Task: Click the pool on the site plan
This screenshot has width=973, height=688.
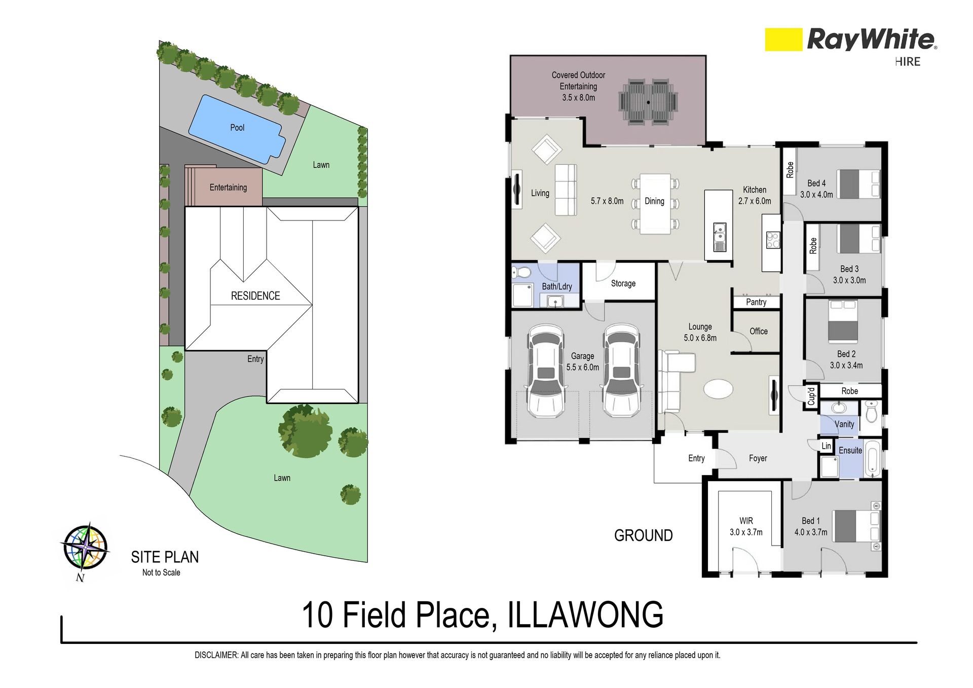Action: (237, 129)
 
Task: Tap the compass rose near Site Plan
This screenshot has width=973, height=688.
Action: (85, 547)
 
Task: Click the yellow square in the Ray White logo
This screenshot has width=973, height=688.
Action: (783, 40)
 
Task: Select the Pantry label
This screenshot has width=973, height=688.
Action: (756, 302)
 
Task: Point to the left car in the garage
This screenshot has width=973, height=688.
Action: (546, 371)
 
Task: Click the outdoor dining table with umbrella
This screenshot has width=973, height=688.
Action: (648, 102)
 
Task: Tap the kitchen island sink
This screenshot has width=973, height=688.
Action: (719, 238)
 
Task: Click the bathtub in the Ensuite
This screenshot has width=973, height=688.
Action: (873, 459)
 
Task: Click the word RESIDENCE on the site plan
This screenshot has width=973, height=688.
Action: (255, 296)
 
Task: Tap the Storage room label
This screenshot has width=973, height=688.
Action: (623, 283)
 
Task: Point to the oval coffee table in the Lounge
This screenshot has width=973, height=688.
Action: (718, 389)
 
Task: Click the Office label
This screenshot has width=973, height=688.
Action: (759, 331)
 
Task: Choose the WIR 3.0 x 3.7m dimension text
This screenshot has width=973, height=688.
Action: (746, 532)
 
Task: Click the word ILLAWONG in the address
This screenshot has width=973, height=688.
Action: (585, 615)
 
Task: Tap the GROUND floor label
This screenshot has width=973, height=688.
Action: (644, 535)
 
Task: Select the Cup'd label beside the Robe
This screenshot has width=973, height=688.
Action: (811, 396)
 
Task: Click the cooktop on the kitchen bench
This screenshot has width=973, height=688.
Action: (773, 240)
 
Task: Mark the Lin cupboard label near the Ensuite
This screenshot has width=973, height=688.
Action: (827, 446)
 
